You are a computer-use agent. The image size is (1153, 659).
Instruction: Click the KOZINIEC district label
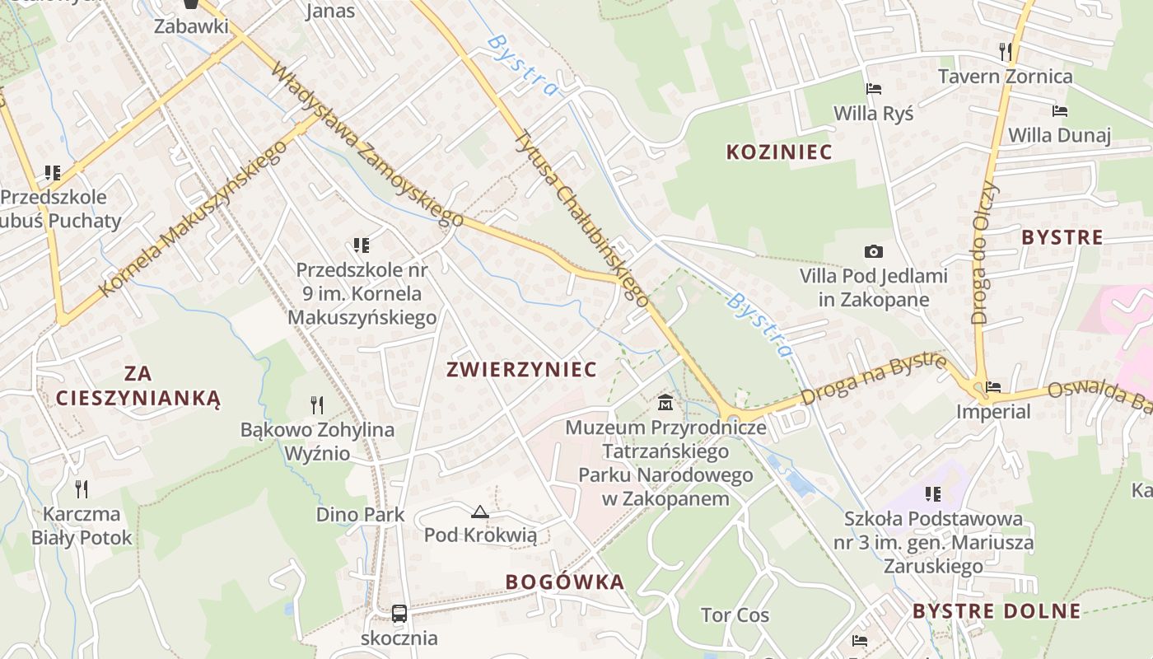pyautogui.click(x=778, y=152)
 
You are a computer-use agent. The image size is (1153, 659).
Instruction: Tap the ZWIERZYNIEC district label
pyautogui.click(x=521, y=369)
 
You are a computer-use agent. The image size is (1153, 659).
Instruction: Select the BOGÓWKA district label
pyautogui.click(x=565, y=582)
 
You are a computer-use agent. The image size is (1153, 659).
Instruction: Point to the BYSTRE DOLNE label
pyautogui.click(x=997, y=611)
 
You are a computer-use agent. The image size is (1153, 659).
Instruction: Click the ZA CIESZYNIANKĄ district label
pyautogui.click(x=138, y=386)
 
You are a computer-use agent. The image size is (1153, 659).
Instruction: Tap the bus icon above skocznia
pyautogui.click(x=399, y=614)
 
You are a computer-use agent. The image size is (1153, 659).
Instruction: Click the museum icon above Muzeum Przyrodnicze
pyautogui.click(x=665, y=403)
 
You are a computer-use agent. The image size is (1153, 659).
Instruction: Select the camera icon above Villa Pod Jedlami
pyautogui.click(x=874, y=251)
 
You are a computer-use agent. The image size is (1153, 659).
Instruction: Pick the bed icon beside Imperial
pyautogui.click(x=994, y=386)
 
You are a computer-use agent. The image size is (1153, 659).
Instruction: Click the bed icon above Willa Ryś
pyautogui.click(x=873, y=88)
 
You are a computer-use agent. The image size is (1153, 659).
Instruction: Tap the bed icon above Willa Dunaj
pyautogui.click(x=1059, y=110)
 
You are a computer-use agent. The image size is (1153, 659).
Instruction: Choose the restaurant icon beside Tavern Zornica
pyautogui.click(x=1005, y=52)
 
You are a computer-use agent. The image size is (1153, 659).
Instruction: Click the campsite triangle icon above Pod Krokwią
pyautogui.click(x=480, y=512)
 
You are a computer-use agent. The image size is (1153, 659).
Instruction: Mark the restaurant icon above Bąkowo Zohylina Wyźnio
pyautogui.click(x=317, y=404)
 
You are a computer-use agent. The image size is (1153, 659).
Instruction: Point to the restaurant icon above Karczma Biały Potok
pyautogui.click(x=82, y=489)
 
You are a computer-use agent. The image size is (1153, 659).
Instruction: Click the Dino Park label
pyautogui.click(x=360, y=515)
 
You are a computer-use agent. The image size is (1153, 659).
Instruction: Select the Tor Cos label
pyautogui.click(x=735, y=615)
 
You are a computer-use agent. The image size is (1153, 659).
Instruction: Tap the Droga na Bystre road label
pyautogui.click(x=873, y=380)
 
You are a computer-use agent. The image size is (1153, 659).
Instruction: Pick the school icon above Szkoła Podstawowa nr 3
pyautogui.click(x=933, y=494)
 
